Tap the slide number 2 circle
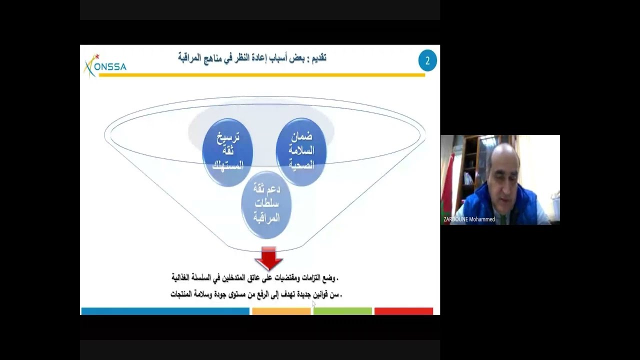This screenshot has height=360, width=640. [x=427, y=61]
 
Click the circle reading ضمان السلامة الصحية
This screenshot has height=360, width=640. [x=301, y=150]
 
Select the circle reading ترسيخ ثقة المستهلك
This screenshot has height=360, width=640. [x=227, y=152]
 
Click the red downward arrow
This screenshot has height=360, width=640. [x=269, y=257]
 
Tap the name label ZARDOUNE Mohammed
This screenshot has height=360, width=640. [x=469, y=219]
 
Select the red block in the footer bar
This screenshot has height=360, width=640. [x=403, y=311]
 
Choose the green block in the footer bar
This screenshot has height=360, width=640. [x=342, y=311]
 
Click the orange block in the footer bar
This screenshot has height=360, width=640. [x=281, y=311]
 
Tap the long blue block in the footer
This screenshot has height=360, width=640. [x=165, y=311]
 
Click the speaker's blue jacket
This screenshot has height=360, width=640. [x=500, y=205]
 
